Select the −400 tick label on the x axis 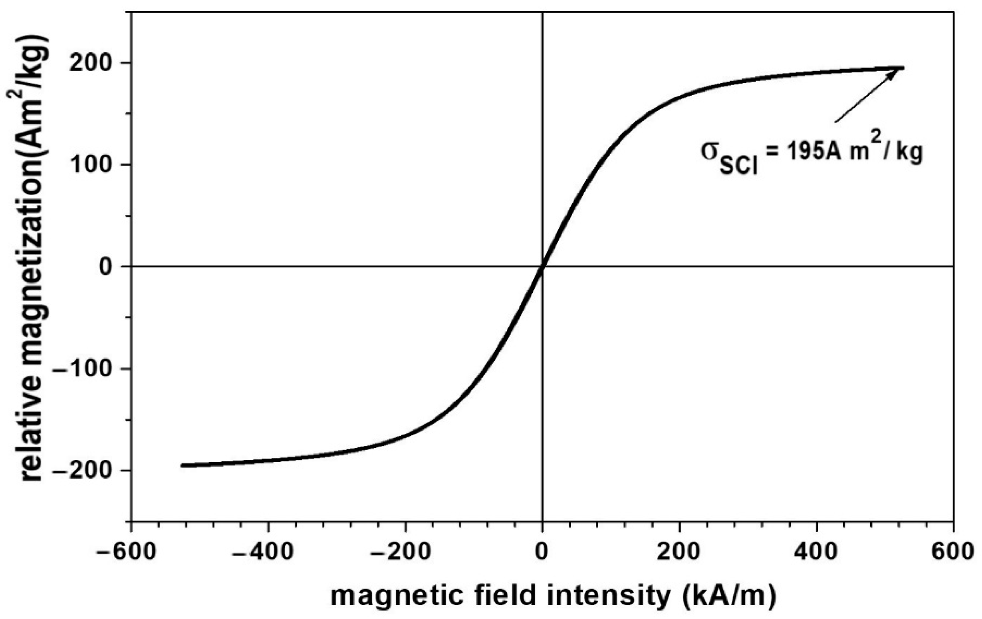point(263,553)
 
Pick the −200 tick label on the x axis point(400,553)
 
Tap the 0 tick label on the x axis point(542,553)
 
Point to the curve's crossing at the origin point(542,267)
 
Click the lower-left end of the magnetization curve point(183,465)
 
